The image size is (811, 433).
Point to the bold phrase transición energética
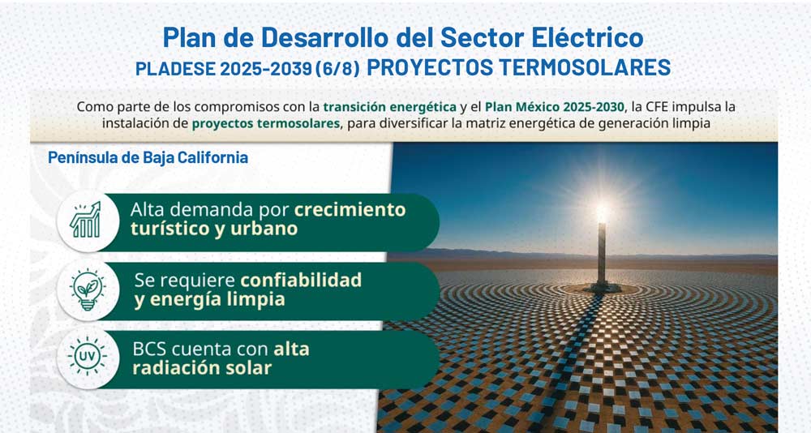(x=390, y=107)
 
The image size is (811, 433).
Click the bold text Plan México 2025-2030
(x=555, y=106)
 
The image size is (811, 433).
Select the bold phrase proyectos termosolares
(x=266, y=123)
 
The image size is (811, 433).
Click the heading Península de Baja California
(x=148, y=157)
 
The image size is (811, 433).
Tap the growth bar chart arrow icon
(x=86, y=220)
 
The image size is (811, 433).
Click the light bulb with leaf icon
(x=88, y=289)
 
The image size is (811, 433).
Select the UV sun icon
(x=87, y=356)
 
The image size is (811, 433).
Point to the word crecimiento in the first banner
(x=350, y=209)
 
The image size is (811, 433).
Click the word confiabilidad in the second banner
(x=301, y=280)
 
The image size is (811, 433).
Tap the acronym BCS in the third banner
(x=149, y=349)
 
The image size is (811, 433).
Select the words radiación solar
(x=202, y=368)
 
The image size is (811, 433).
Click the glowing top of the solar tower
(x=602, y=212)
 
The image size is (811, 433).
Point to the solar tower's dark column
(x=602, y=255)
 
